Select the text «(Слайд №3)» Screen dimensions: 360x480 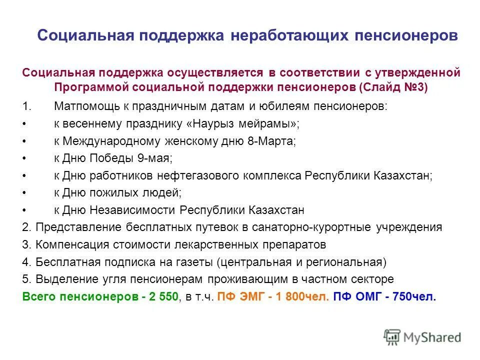point(393,87)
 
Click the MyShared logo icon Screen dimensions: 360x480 point(392,336)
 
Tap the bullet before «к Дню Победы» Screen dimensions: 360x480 point(25,158)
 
